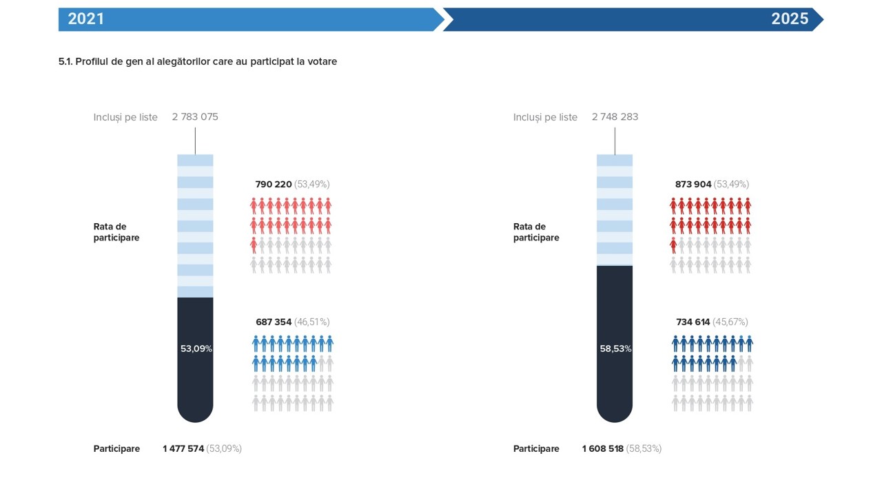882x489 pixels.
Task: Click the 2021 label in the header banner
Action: (86, 19)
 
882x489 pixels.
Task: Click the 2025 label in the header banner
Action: (790, 19)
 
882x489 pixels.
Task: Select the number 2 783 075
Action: (195, 117)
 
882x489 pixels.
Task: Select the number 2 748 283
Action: (615, 117)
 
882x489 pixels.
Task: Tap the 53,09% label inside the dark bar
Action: (196, 348)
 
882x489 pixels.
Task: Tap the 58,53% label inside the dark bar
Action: (615, 348)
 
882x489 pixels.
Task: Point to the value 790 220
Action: (274, 185)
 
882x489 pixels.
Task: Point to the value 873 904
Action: (693, 185)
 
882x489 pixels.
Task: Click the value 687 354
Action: (274, 322)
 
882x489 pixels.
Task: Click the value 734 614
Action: (693, 322)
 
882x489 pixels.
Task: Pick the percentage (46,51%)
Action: (312, 322)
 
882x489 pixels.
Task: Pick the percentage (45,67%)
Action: (731, 322)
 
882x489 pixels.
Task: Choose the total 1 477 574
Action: (183, 448)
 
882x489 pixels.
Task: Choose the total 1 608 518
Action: (603, 448)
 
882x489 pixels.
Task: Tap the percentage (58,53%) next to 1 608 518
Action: (644, 448)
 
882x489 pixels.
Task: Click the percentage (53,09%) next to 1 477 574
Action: (224, 448)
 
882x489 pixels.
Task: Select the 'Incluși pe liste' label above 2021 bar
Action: (125, 117)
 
